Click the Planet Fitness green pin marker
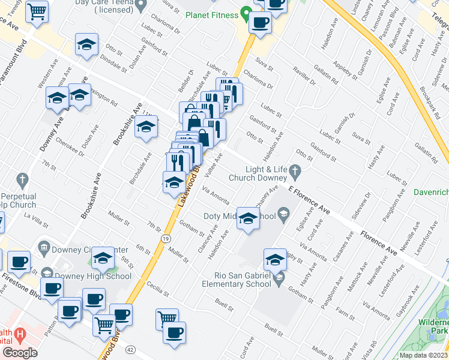(x=246, y=13)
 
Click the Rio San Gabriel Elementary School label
(x=238, y=280)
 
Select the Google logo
(x=20, y=353)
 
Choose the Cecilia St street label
(x=158, y=290)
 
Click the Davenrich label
(x=431, y=193)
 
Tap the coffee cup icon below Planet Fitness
(x=260, y=23)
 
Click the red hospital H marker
(x=20, y=334)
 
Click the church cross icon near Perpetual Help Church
(x=23, y=179)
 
